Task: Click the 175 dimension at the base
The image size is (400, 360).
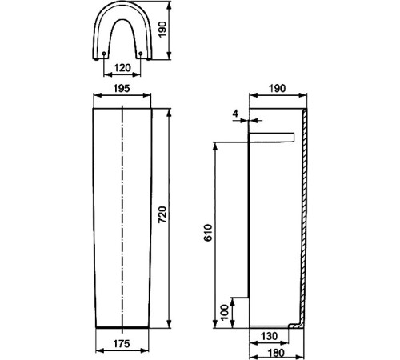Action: tap(122, 344)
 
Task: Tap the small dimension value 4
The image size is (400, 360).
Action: tap(235, 114)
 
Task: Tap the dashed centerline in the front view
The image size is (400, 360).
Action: tap(122, 216)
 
